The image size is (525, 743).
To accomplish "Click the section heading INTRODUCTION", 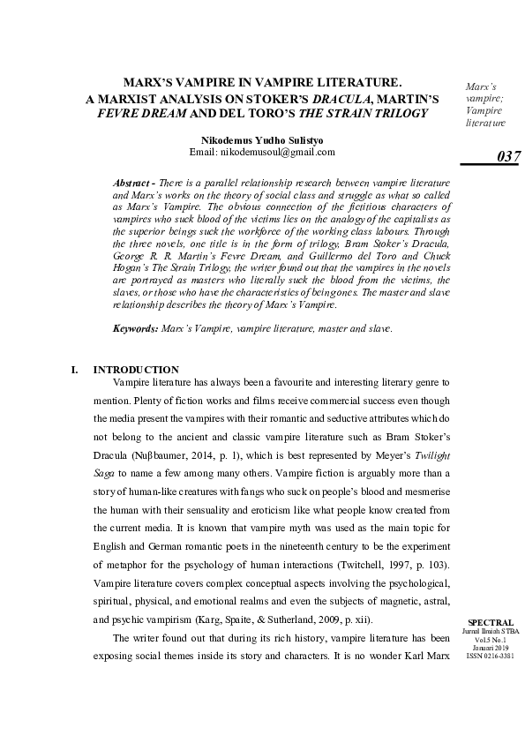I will [x=136, y=369].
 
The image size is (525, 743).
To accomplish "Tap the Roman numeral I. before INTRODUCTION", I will [x=74, y=369].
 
